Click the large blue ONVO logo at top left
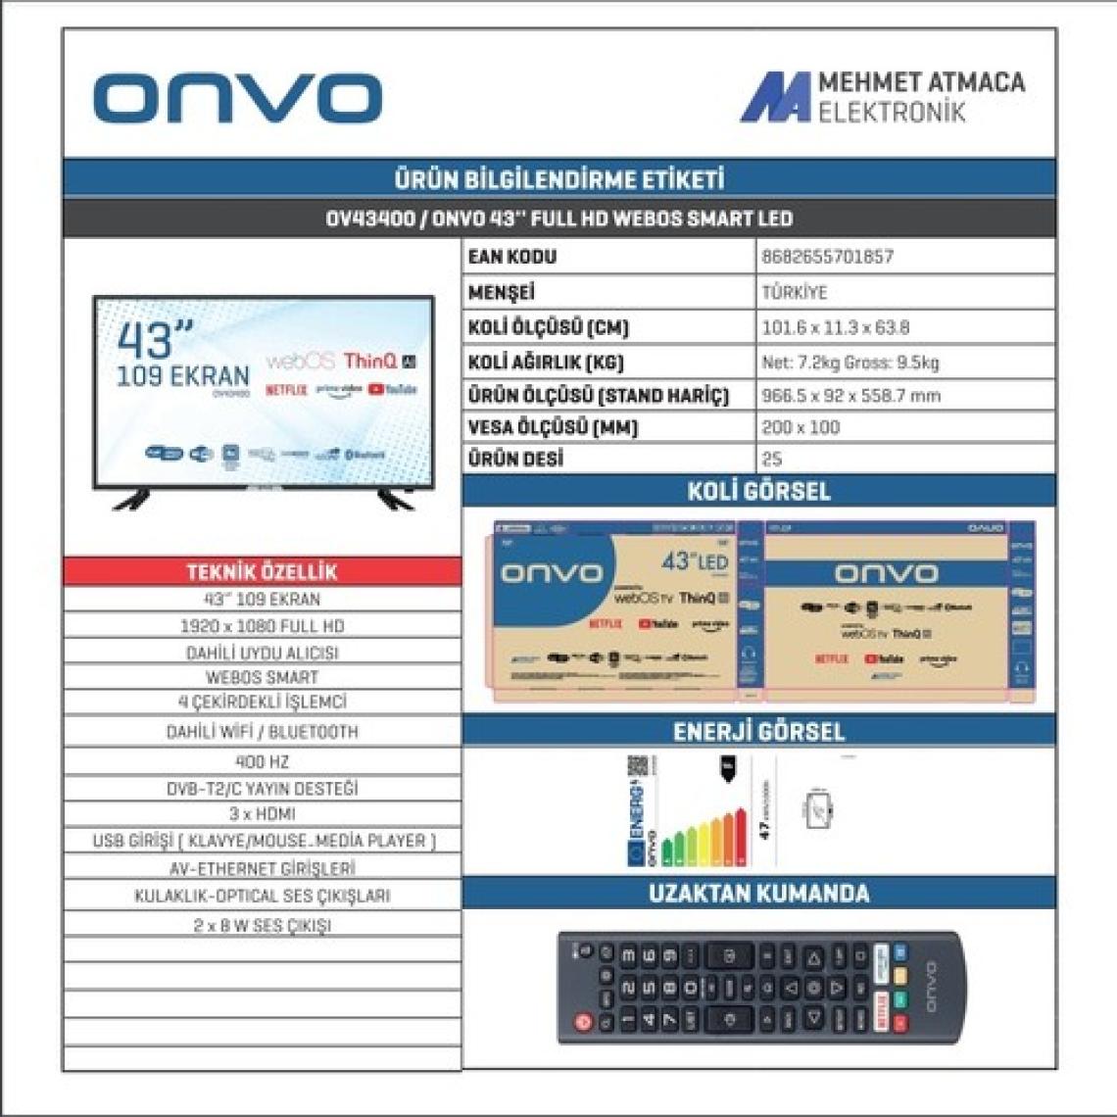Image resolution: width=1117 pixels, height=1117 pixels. coord(237,99)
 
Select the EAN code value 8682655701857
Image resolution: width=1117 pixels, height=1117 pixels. coord(828,257)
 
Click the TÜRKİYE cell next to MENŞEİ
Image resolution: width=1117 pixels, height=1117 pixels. coord(795,293)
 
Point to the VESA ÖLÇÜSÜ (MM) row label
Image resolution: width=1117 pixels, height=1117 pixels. coord(553,427)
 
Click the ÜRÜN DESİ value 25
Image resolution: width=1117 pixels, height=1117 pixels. coord(772,459)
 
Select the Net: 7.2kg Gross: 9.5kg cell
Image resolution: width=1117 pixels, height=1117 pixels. coord(850,363)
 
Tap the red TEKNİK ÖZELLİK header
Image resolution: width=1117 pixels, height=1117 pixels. coord(262,571)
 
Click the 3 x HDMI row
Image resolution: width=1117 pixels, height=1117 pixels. coord(262,814)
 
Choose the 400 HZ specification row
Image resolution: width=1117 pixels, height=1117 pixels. coord(262,761)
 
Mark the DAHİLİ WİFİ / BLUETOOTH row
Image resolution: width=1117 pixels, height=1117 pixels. coord(262,732)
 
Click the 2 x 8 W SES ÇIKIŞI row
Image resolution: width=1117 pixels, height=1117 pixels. coord(262,925)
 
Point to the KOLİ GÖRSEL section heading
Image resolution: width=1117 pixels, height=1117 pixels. coord(758,491)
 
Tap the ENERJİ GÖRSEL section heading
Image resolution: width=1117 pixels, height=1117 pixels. coord(758,731)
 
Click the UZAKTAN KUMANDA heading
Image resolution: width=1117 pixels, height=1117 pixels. coord(758,893)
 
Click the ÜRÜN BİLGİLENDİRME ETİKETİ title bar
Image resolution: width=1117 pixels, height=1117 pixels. coord(558,179)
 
